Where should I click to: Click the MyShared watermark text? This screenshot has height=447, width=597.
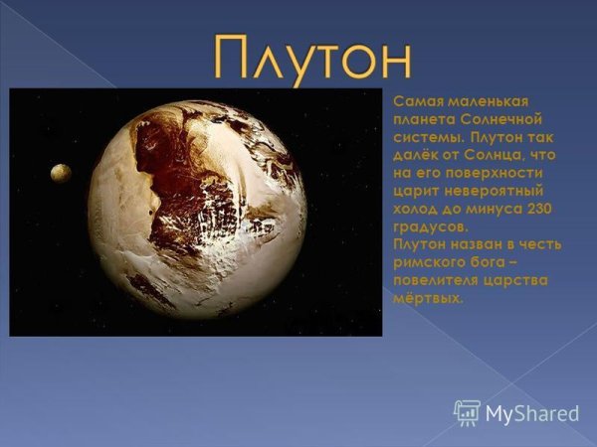pos(532,412)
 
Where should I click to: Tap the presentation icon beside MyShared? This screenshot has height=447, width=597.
pos(467,411)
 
